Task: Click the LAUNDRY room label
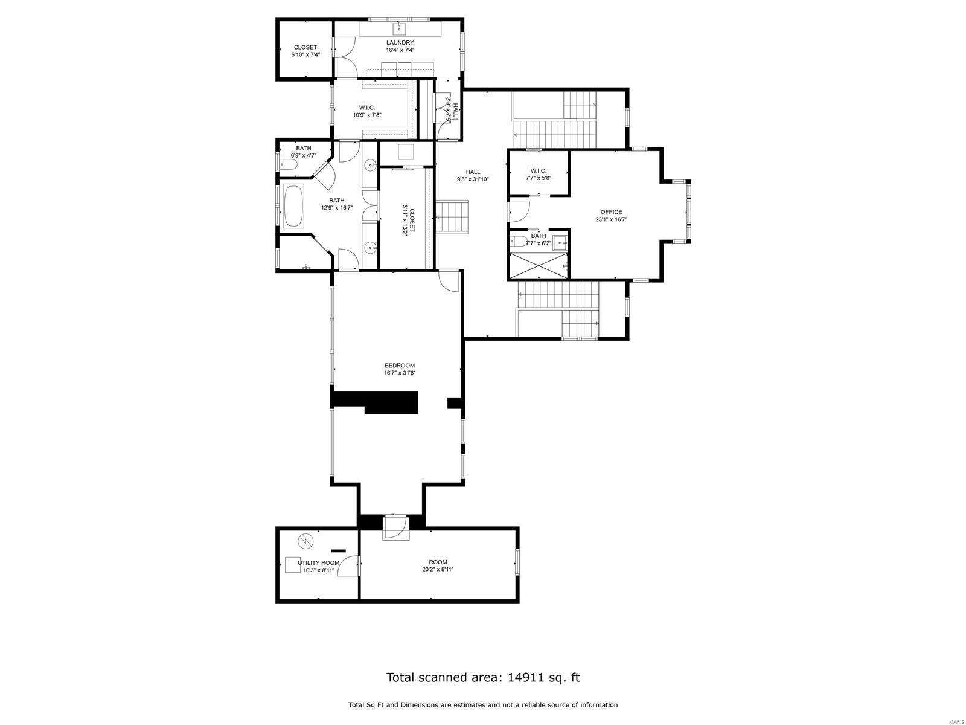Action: click(400, 42)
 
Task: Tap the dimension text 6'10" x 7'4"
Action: click(305, 54)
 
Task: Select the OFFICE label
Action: click(611, 212)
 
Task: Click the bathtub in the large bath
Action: click(294, 206)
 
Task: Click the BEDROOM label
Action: click(400, 366)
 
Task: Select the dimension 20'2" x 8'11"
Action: click(438, 570)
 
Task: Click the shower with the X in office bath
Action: click(539, 266)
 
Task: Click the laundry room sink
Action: click(400, 28)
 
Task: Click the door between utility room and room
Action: click(350, 565)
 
